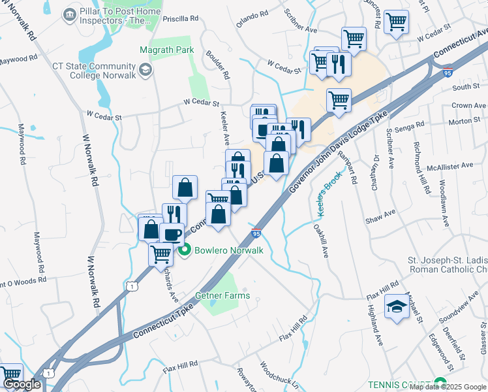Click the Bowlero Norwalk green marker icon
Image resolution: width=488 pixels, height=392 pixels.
(185, 250)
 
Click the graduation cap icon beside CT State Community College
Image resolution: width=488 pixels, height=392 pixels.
(145, 69)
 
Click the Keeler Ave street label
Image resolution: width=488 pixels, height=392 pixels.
(225, 128)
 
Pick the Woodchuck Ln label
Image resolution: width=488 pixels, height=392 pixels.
(280, 375)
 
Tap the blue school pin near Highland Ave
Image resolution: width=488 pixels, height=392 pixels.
(396, 308)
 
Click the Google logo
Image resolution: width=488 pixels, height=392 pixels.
(21, 384)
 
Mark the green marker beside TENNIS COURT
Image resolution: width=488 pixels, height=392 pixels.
(440, 384)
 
